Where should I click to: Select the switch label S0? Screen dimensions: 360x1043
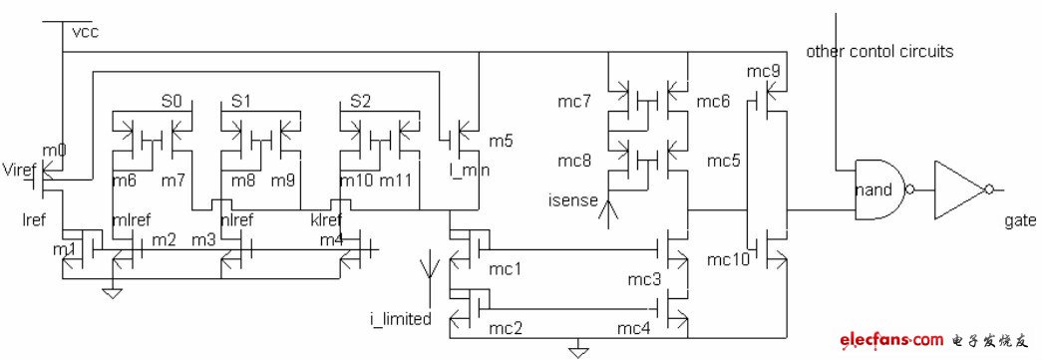click(x=172, y=102)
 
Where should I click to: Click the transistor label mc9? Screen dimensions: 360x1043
click(x=762, y=70)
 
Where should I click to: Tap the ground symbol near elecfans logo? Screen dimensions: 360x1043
click(x=575, y=349)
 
